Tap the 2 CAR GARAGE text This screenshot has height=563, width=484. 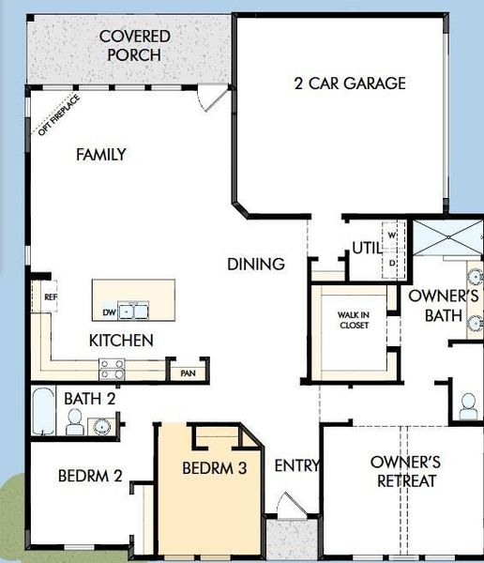[349, 84]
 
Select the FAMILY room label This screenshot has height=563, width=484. [100, 155]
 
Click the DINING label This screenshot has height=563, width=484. [255, 265]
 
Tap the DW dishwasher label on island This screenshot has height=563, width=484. [109, 312]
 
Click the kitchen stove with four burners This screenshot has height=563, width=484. [113, 369]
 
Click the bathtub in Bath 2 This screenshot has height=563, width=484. [43, 414]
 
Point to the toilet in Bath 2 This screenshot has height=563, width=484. [74, 424]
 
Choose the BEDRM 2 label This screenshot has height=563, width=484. [90, 476]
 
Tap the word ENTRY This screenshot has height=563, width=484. [296, 465]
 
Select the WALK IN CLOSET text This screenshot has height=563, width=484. [353, 321]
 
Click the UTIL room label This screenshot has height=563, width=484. [366, 249]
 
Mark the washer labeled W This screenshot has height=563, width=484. [393, 234]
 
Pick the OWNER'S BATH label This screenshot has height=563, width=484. [443, 306]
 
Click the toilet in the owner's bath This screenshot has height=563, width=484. [466, 403]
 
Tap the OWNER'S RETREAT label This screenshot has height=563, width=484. [405, 471]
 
